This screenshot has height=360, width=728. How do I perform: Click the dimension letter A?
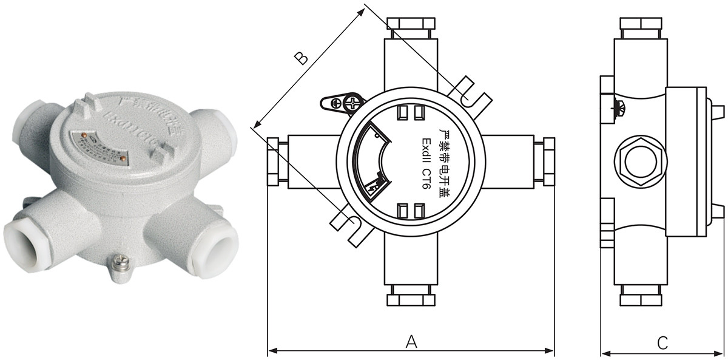[412, 342]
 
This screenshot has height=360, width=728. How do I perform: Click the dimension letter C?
[662, 343]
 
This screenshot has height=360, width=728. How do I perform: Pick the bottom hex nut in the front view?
[411, 297]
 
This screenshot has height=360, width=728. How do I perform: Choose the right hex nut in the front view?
[548, 161]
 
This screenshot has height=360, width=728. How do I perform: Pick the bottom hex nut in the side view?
[639, 296]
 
